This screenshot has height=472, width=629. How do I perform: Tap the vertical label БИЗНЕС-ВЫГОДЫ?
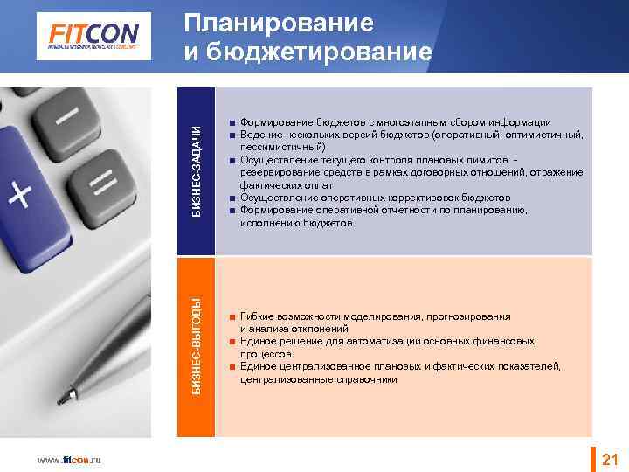tap(198, 345)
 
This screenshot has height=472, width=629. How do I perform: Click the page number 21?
tap(610, 459)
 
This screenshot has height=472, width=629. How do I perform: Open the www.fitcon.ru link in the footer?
tap(67, 460)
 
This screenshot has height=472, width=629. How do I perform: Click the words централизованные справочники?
tap(319, 379)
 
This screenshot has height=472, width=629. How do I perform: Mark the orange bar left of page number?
tap(595, 459)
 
